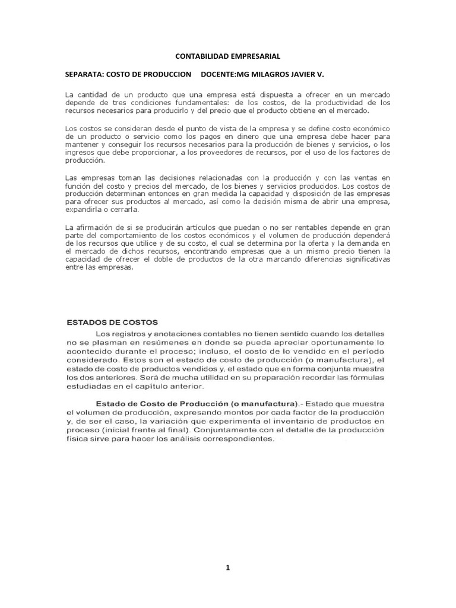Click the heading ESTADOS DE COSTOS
(111, 323)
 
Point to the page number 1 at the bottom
(227, 568)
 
